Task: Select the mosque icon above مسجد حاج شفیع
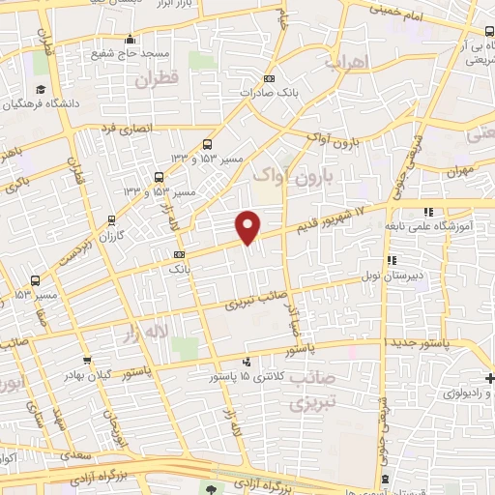131,39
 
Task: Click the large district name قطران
159,81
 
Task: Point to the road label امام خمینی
398,13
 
